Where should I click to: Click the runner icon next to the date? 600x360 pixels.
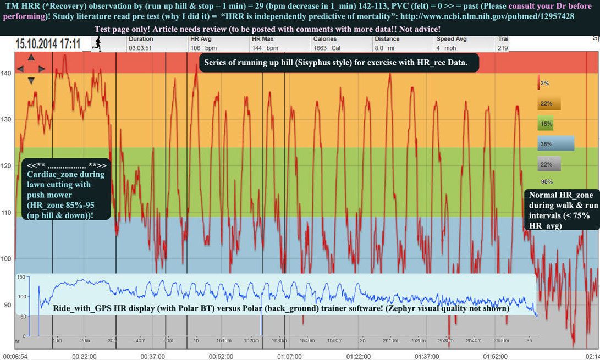coord(97,43)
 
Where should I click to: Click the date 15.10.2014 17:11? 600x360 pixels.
coord(47,44)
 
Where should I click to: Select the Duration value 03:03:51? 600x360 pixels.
coord(141,48)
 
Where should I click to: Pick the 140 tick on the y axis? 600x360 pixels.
coord(6,73)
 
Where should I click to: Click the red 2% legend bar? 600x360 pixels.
coord(540,83)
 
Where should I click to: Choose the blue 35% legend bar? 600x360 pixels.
coord(555,144)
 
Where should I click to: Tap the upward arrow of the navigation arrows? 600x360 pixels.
coord(31,57)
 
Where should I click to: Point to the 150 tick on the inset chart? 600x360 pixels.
coord(21,278)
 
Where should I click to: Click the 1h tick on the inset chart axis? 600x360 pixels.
coord(196,341)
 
